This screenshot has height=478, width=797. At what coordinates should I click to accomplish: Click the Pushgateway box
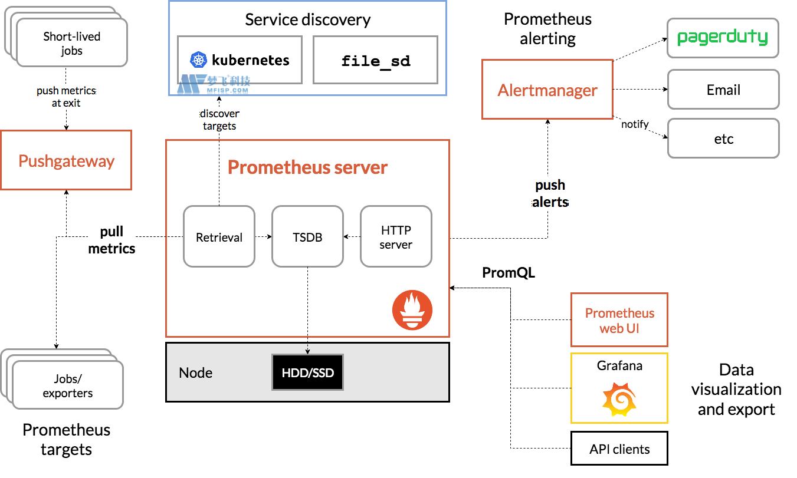66,160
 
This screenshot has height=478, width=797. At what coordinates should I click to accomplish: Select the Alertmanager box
547,90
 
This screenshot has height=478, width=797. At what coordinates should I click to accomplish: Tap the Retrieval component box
219,236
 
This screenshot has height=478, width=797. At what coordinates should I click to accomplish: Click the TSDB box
307,236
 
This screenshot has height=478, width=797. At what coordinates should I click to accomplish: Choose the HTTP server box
396,236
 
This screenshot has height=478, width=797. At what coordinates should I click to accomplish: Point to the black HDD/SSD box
307,372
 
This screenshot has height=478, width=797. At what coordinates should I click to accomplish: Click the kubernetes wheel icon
199,60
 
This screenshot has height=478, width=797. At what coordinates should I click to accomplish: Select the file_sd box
375,60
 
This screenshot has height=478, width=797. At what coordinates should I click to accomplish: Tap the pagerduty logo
723,38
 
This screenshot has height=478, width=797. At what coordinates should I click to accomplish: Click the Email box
723,90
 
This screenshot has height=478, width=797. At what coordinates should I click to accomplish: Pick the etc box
723,139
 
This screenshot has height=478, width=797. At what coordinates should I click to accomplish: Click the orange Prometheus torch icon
412,310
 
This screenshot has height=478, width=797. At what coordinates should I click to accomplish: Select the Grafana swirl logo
619,399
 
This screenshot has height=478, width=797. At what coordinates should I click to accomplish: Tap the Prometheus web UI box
619,320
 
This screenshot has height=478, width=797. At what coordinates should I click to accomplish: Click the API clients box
619,449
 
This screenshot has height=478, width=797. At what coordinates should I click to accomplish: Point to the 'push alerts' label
550,193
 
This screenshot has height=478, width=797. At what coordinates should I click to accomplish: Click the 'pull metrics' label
111,240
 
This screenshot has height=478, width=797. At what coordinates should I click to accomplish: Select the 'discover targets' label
219,120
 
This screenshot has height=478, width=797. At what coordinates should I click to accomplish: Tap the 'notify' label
635,124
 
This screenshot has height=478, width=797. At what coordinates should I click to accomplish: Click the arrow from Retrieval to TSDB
263,237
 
